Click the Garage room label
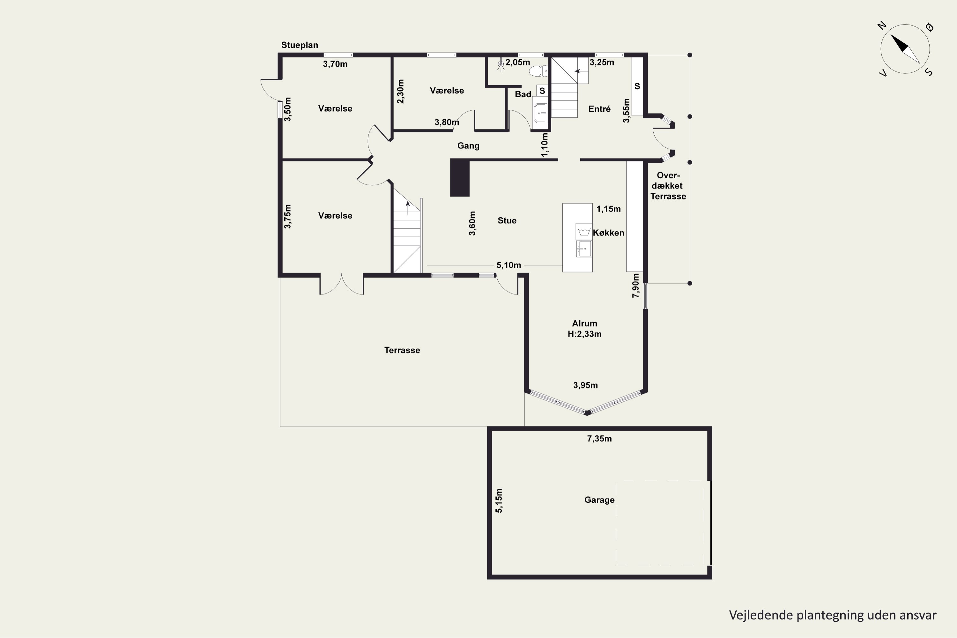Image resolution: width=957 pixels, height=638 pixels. click(x=599, y=500)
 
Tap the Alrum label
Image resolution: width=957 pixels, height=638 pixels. click(x=584, y=323)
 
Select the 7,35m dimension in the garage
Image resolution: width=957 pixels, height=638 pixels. click(x=599, y=439)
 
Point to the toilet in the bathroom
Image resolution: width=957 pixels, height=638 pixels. click(x=539, y=71)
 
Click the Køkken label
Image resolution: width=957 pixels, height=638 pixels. click(x=608, y=233)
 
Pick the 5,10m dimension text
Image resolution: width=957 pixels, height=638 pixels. click(x=508, y=265)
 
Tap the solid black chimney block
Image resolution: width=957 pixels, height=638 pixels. click(x=460, y=178)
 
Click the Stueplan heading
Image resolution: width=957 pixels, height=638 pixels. click(x=300, y=45)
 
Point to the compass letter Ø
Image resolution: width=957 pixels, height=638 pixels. click(x=930, y=27)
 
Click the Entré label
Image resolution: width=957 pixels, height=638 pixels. click(x=599, y=109)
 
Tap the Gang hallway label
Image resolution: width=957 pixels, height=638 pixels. click(x=468, y=146)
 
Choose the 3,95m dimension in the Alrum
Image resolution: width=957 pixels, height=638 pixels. click(x=585, y=385)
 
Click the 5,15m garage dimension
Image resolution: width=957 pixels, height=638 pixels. click(x=499, y=501)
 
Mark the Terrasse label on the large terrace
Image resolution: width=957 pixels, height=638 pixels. click(x=402, y=350)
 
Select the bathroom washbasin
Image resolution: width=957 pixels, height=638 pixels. click(x=540, y=113)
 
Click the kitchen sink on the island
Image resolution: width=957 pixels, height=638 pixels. click(x=584, y=249)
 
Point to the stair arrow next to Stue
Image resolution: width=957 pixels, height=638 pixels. click(x=408, y=208)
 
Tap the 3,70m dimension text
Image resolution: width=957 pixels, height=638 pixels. click(x=335, y=64)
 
